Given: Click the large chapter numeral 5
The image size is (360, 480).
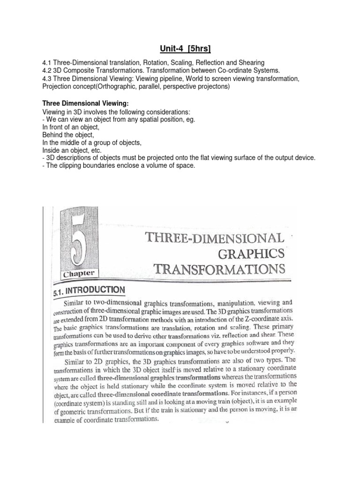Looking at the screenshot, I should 78,241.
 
